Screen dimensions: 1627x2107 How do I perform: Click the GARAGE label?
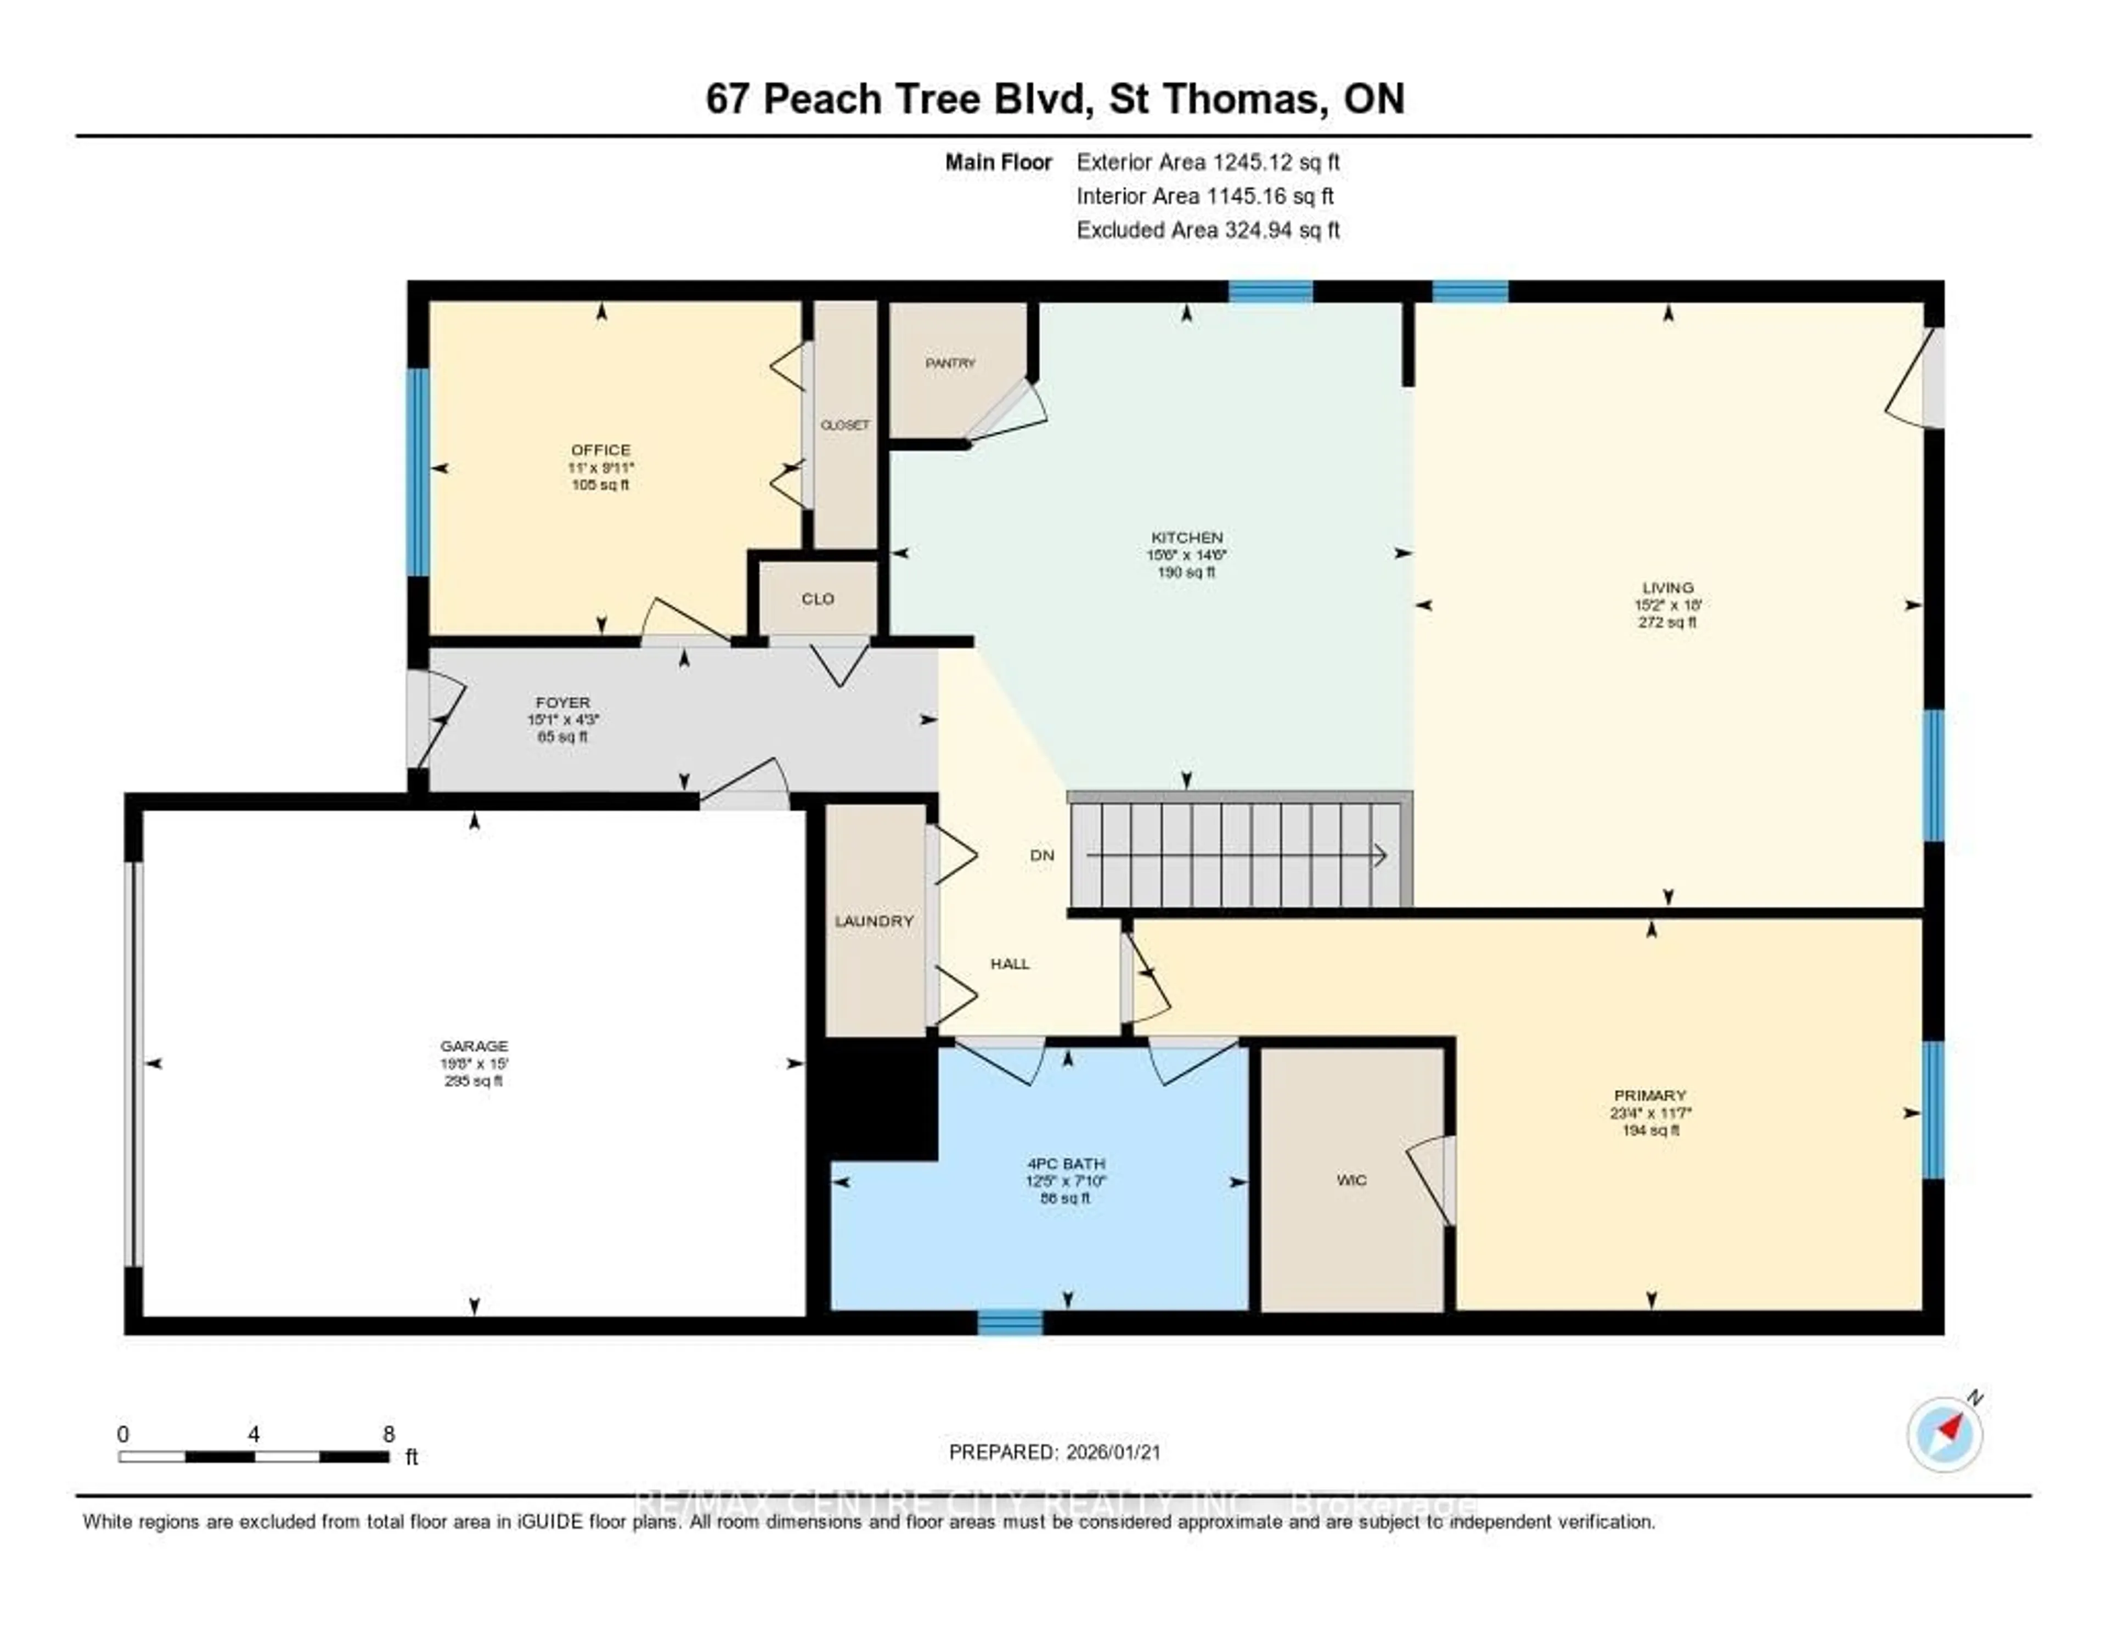[474, 1046]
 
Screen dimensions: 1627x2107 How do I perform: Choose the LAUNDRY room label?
[874, 921]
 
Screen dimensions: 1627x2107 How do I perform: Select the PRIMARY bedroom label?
[1650, 1095]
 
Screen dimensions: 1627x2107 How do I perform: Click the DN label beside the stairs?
[1042, 855]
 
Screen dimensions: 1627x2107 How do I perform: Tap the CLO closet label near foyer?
[817, 599]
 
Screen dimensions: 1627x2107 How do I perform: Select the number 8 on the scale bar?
[389, 1434]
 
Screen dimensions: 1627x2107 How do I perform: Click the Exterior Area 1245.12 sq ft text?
[1208, 162]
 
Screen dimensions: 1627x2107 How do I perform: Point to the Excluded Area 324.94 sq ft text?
[1208, 229]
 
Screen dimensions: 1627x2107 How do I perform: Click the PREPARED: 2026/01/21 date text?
[1055, 1451]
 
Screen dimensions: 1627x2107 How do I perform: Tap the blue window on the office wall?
[417, 472]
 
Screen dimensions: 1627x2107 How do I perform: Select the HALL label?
[1010, 963]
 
